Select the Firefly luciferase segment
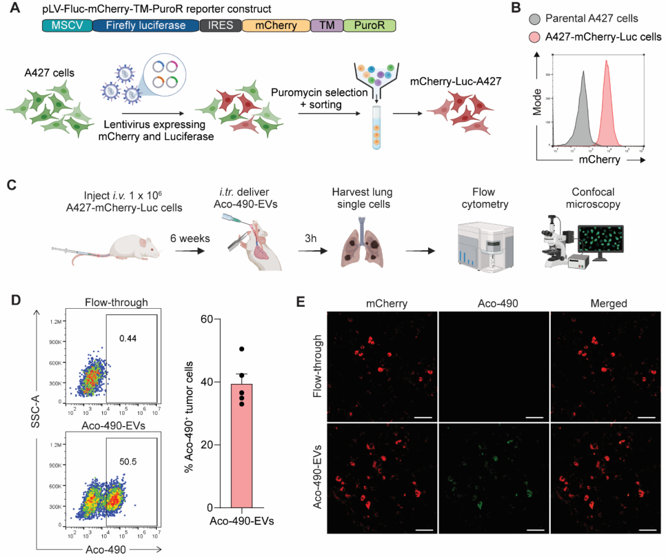(x=146, y=25)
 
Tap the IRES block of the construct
(x=220, y=25)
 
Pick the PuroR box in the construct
(x=369, y=25)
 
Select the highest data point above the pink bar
(x=242, y=350)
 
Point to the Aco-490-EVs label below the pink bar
(x=243, y=521)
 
